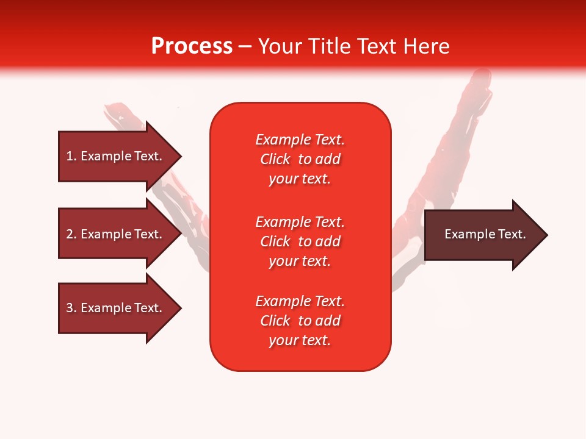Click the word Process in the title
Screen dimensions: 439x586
pos(192,46)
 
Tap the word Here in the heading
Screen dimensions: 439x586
pos(426,46)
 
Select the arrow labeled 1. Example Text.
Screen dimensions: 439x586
pos(116,156)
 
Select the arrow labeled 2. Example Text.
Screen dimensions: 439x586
pos(116,234)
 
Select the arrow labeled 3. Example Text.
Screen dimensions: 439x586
pos(116,308)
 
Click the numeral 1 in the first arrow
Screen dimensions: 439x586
pos(70,156)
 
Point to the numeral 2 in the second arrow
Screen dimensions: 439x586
pos(70,234)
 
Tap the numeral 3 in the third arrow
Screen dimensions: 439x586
pos(70,308)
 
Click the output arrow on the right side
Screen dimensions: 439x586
pos(482,235)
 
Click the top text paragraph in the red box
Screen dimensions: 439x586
pos(300,159)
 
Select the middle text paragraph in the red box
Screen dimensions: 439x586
pos(300,241)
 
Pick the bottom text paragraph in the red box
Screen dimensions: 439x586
pos(300,321)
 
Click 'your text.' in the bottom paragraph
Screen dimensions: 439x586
pos(300,340)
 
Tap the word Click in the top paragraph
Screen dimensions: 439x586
pos(275,159)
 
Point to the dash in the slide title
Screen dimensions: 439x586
pos(245,46)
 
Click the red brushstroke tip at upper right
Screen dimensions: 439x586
pos(482,79)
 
